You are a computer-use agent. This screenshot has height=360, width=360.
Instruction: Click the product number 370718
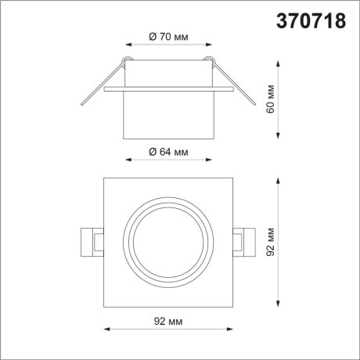click(311, 21)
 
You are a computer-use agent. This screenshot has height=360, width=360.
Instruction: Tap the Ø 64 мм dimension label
click(167, 151)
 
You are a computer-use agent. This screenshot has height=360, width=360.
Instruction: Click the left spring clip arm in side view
click(100, 85)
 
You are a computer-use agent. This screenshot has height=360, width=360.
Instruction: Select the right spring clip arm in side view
click(235, 85)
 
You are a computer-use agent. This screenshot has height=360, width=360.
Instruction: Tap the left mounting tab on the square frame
click(92, 241)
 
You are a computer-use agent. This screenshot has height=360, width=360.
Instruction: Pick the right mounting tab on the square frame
click(243, 241)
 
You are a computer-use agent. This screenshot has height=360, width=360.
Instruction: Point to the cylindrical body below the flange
click(167, 117)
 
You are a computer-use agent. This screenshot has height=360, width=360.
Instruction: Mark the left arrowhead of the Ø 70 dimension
click(127, 45)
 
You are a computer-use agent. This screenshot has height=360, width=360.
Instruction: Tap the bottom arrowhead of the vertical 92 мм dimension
click(281, 304)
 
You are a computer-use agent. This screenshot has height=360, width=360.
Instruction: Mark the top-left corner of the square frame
click(105, 179)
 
